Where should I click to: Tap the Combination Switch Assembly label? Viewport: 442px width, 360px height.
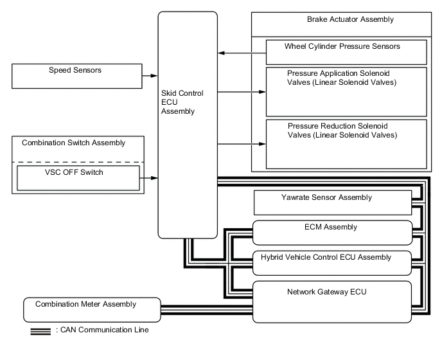[73, 143]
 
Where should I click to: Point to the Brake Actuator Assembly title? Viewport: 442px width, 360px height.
[350, 20]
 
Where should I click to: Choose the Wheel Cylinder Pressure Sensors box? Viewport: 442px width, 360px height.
[347, 51]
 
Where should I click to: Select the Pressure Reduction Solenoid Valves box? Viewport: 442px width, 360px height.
[347, 142]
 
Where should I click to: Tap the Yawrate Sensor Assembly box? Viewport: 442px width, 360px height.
[333, 203]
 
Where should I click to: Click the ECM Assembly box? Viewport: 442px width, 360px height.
[331, 231]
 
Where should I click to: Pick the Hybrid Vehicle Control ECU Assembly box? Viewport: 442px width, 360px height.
[331, 262]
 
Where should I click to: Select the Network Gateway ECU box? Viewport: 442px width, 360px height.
[331, 301]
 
